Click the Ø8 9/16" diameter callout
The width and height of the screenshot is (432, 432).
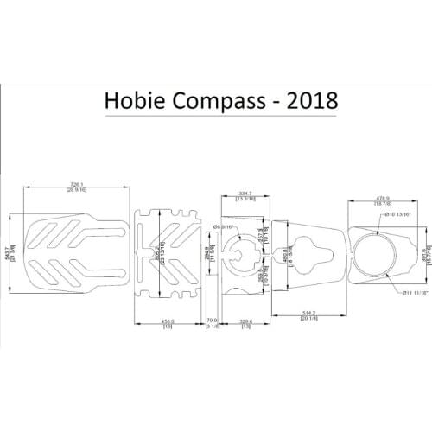pos(224,226)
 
